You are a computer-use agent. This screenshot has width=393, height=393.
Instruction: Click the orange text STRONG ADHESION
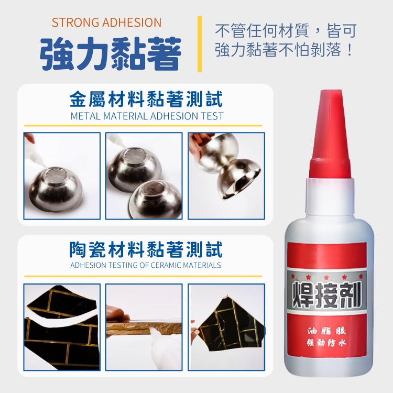[x=106, y=23]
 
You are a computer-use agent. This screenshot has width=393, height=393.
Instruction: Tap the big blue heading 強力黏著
[x=110, y=53]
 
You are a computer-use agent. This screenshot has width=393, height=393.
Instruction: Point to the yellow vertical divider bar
[x=200, y=44]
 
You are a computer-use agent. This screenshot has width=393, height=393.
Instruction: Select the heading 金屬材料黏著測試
[x=146, y=99]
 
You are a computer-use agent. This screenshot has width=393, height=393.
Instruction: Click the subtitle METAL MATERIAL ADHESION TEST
[x=147, y=116]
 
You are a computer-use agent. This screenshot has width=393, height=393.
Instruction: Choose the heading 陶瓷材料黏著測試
[x=146, y=249]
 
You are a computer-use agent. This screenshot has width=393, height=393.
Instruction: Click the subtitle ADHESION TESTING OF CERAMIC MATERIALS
[x=146, y=265]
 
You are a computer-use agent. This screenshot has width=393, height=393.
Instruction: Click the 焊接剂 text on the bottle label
[x=326, y=294]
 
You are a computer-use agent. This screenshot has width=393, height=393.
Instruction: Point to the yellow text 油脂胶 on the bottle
[x=326, y=331]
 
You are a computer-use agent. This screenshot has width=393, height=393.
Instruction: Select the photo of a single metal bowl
[x=62, y=176]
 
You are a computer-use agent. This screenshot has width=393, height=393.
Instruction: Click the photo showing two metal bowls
[x=144, y=176]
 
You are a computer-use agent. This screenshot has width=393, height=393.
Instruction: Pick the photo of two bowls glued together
[x=226, y=176]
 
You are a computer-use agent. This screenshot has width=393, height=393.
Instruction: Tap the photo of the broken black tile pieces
[x=62, y=327]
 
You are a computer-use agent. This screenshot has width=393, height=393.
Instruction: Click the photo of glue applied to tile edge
[x=144, y=327]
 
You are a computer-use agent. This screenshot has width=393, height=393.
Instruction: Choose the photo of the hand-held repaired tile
[x=226, y=327]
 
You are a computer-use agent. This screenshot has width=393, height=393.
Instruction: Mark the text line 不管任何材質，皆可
[x=286, y=30]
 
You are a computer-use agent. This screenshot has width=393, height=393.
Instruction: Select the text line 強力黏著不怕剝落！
[x=284, y=50]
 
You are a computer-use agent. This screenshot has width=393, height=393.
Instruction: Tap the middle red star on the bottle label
[x=326, y=277]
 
